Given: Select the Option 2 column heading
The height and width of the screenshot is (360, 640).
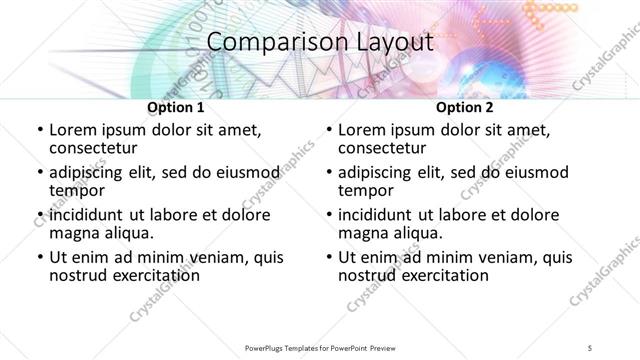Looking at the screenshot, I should pyautogui.click(x=464, y=107).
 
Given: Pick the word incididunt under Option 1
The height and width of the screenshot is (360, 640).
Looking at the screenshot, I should pyautogui.click(x=91, y=215).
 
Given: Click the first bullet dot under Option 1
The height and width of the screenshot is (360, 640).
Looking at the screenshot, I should pyautogui.click(x=38, y=130).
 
